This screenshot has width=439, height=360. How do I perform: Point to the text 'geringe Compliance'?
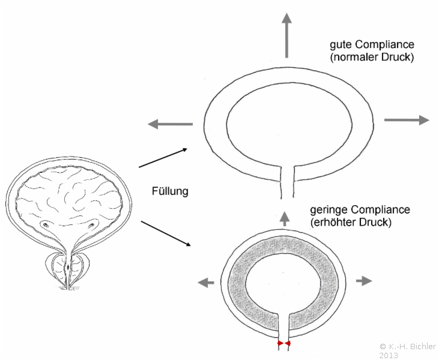point(360,210)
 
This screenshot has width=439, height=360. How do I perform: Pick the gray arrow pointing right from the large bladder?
point(407,120)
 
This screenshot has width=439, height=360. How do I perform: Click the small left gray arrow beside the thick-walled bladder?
point(206,282)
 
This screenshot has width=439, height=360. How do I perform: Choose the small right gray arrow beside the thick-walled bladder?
point(364,280)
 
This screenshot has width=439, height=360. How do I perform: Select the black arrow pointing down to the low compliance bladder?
point(165,233)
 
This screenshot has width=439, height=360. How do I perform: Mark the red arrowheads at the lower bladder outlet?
point(283,344)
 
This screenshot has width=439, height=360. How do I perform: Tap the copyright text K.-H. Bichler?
point(408,346)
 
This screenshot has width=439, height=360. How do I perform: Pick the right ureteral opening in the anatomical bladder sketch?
point(93,226)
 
